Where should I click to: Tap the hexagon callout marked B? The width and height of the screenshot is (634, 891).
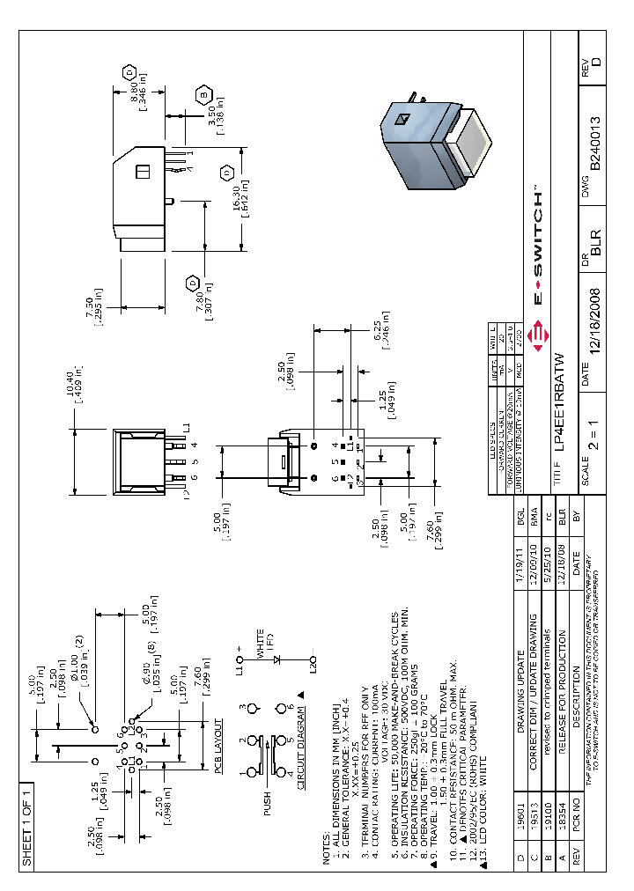(x=204, y=96)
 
